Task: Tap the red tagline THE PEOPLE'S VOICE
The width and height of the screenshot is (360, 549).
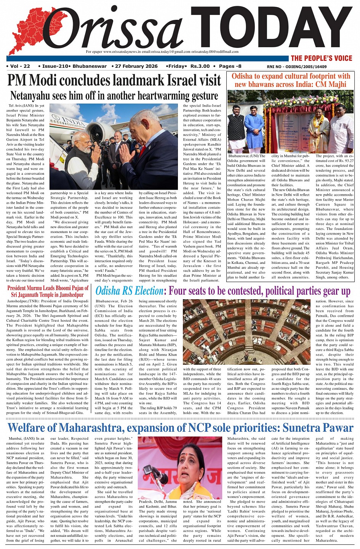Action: tap(322, 58)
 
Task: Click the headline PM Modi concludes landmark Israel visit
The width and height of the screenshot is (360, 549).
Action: tap(114, 80)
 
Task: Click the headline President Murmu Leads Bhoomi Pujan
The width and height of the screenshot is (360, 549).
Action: tap(48, 291)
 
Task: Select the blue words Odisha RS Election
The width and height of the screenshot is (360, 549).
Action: tap(129, 291)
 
